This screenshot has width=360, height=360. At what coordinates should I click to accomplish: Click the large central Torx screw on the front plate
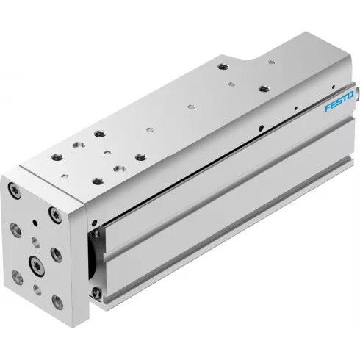coord(34,263)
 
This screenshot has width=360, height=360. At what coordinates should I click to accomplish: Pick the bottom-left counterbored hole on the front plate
coord(18,278)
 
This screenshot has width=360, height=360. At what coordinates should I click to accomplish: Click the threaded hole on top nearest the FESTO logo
coord(262,90)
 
